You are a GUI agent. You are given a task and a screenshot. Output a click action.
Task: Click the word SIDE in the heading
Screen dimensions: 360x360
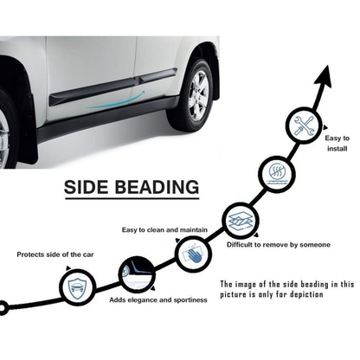[87, 187]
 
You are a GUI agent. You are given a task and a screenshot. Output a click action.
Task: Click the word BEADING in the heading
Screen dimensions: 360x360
[157, 187]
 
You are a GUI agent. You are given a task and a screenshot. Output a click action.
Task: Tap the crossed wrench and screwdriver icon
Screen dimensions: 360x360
[304, 125]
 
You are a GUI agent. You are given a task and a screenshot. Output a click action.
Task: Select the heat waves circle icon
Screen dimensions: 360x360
[277, 174]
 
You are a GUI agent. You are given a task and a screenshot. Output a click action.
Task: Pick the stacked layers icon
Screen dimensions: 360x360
[240, 221]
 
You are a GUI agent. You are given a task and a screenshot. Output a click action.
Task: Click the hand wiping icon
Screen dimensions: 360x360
[193, 254]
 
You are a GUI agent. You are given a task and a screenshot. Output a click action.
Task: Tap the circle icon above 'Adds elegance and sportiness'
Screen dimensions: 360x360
[136, 274]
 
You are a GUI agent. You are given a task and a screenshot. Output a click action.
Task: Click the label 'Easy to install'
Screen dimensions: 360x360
[337, 144]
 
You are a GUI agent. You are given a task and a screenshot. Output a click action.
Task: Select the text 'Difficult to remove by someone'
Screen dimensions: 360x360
[279, 245]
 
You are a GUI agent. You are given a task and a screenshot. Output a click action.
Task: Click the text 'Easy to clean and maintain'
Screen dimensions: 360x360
[164, 230]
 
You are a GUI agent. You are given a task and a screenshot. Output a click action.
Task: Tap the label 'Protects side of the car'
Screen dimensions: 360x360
[55, 254]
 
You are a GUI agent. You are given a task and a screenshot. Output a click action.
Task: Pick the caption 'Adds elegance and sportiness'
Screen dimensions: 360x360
[158, 300]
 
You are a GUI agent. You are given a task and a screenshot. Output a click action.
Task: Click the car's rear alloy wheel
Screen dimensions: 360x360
[198, 95]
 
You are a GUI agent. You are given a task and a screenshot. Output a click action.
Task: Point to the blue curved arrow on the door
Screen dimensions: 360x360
[117, 101]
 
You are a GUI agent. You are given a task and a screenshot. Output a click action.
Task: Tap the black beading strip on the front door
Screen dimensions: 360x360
[93, 92]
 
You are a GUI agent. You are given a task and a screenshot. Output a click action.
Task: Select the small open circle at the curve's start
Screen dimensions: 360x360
[3, 308]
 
